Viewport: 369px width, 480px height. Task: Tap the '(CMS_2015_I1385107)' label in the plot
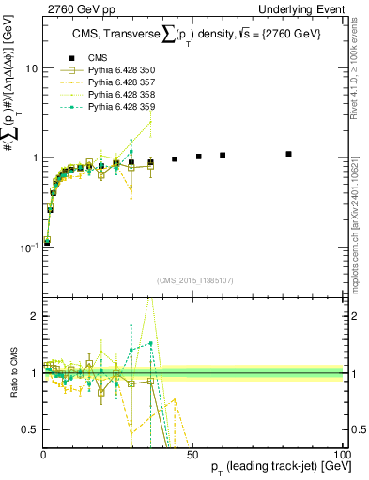193,278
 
